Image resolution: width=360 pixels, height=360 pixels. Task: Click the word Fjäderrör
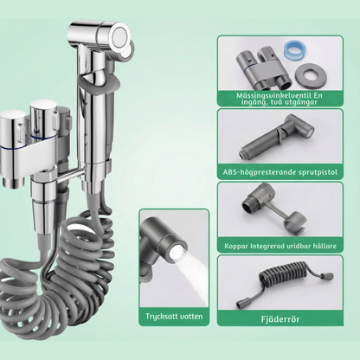click(x=280, y=319)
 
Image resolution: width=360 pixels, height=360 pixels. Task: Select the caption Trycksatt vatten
click(x=174, y=316)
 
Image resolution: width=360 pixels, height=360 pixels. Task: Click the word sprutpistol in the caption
click(x=318, y=172)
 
